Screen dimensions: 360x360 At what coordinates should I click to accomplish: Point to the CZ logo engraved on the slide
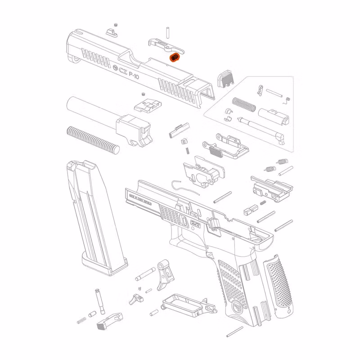click(121, 69)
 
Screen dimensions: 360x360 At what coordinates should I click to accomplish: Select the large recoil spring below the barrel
click(93, 138)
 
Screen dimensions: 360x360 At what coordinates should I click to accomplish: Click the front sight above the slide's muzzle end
click(110, 31)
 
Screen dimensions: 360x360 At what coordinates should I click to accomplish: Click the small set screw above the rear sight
click(143, 94)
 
